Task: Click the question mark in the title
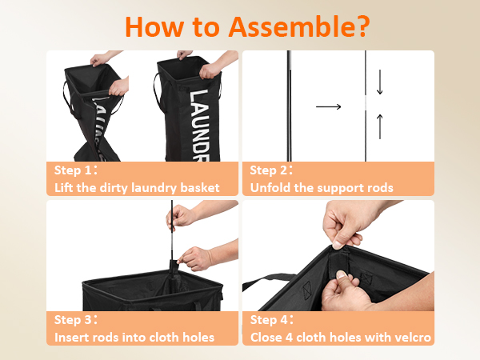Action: [362, 26]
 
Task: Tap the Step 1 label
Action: [76, 170]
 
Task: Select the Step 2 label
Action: [271, 170]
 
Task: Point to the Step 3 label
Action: [76, 320]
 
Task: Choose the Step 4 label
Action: [271, 320]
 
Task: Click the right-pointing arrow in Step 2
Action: [328, 106]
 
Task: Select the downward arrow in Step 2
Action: [379, 82]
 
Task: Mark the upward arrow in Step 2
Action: [379, 126]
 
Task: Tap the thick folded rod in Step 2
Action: [289, 106]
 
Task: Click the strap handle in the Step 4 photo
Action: [266, 282]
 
